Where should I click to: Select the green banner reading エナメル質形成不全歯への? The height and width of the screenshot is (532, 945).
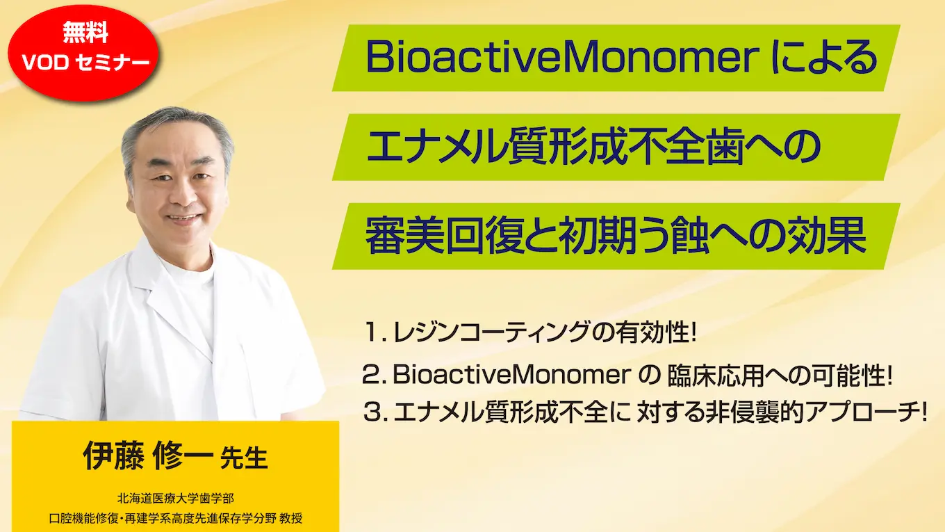(616, 147)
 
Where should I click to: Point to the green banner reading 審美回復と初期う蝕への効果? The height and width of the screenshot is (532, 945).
(616, 236)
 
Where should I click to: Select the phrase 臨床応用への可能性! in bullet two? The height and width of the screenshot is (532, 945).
(779, 376)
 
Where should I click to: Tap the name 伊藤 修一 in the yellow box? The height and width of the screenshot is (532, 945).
(147, 458)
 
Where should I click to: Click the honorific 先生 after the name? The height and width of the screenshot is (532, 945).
(243, 460)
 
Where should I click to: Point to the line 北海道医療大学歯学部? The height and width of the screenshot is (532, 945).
(176, 499)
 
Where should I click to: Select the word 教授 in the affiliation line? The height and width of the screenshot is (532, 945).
(290, 519)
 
